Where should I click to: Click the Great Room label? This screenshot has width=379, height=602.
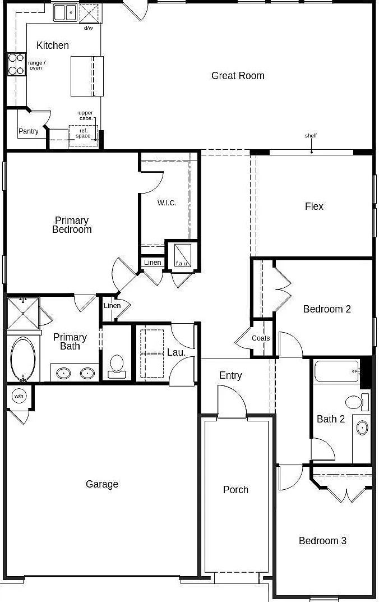point(238,76)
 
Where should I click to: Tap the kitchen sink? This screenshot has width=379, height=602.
point(65,13)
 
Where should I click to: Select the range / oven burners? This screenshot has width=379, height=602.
point(16,64)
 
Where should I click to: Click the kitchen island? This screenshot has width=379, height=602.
point(87,76)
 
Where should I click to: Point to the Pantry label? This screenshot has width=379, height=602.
point(29,131)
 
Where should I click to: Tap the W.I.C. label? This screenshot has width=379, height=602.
point(167,203)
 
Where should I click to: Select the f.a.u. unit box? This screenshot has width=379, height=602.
point(182,255)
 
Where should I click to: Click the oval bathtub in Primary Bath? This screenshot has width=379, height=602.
point(22,360)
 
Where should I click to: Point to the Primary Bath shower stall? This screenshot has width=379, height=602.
point(23,313)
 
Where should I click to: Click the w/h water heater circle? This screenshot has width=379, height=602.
point(19,396)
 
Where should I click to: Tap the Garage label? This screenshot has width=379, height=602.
point(101,484)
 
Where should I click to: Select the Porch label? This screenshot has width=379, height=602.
point(235,489)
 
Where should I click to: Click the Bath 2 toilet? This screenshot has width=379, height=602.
point(357,402)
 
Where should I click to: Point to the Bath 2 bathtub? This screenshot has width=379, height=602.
point(337,371)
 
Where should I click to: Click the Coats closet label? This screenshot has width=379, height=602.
point(261,338)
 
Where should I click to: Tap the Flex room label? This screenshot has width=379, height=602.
point(314,206)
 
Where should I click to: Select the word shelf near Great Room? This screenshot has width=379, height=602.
point(311,136)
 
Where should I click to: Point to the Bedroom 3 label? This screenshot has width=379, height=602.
point(322,541)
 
